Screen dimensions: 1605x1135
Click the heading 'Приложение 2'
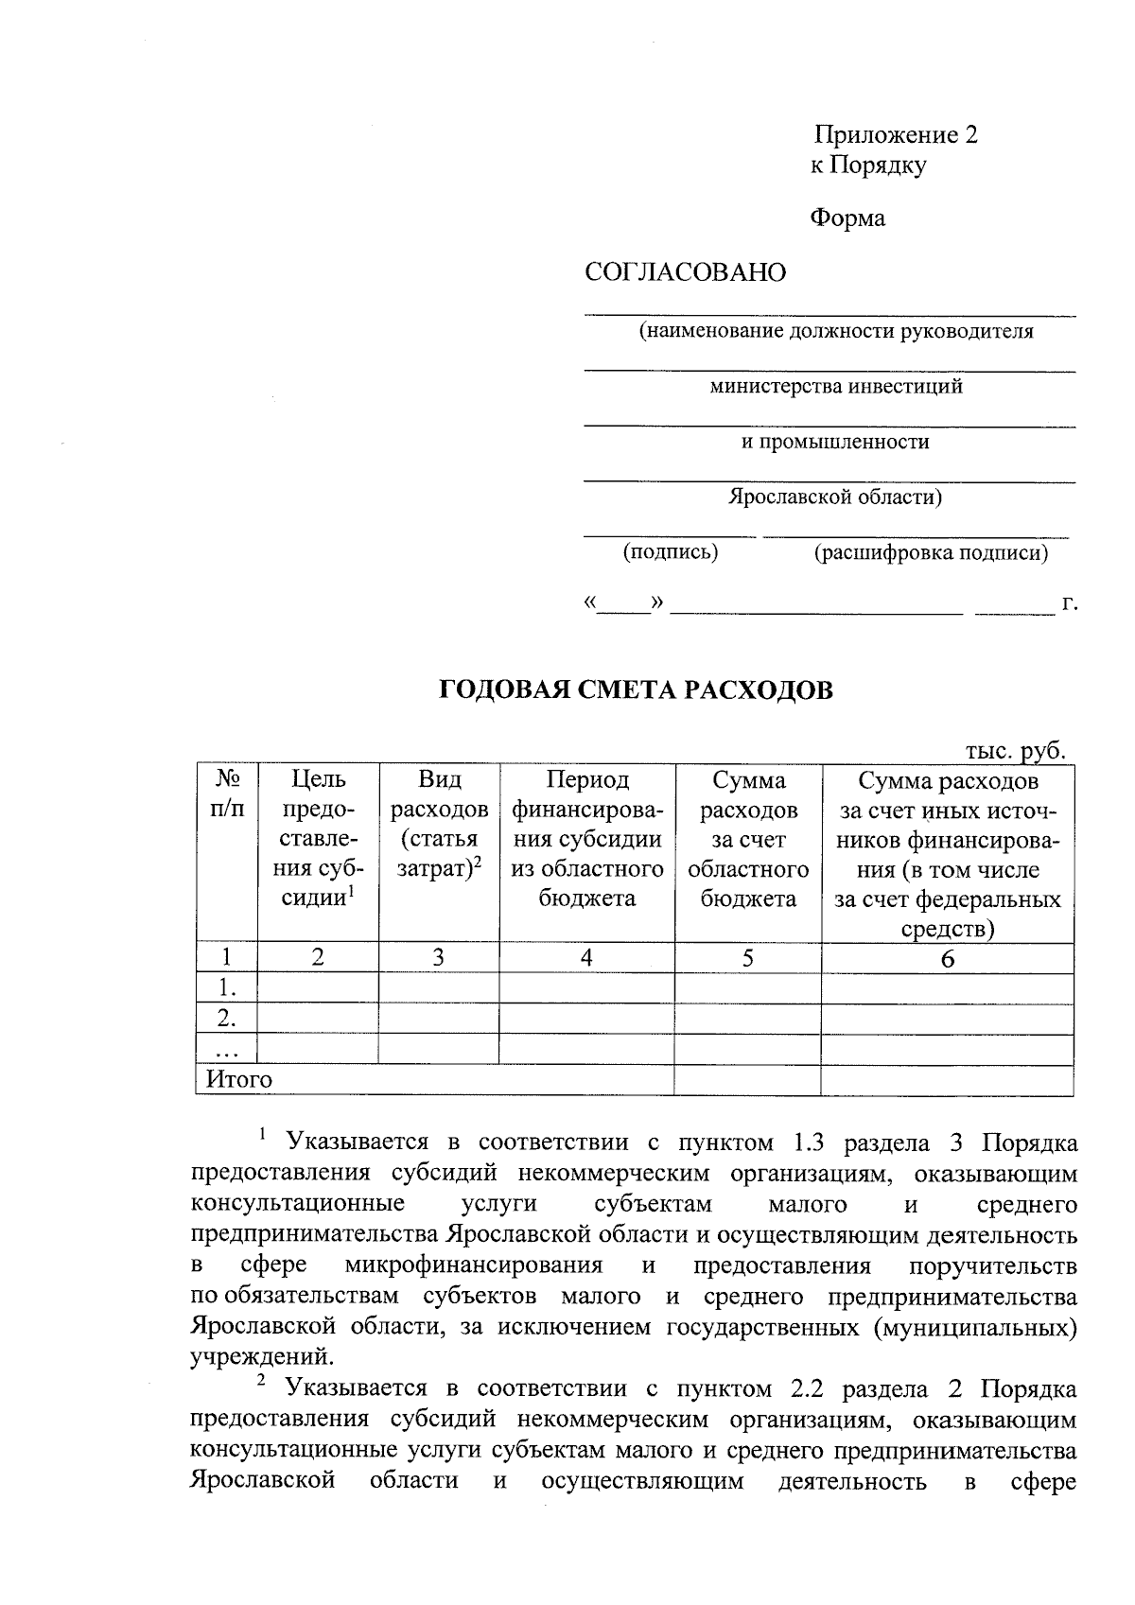(x=896, y=135)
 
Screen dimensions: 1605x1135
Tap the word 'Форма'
(x=847, y=218)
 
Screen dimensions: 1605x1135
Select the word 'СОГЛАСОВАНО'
(x=686, y=273)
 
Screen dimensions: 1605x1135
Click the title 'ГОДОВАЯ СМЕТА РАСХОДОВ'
(x=637, y=690)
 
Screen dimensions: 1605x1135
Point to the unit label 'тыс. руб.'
(x=1015, y=751)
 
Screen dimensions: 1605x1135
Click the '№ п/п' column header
(x=226, y=794)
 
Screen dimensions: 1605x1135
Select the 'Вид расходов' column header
(x=439, y=824)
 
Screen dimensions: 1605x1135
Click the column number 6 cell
(x=947, y=959)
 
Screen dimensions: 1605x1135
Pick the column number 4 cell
(x=586, y=958)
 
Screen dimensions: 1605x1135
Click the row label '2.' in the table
(x=226, y=1019)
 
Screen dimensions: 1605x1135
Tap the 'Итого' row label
(x=239, y=1080)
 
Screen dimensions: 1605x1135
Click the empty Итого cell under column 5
(x=747, y=1080)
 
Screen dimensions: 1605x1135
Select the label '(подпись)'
(x=670, y=552)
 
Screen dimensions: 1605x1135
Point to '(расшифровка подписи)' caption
(x=931, y=553)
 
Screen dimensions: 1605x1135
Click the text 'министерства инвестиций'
(x=836, y=387)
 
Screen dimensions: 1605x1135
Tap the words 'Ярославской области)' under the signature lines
(x=834, y=497)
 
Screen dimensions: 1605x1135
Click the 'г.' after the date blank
(x=1069, y=603)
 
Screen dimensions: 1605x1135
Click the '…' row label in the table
(x=226, y=1050)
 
